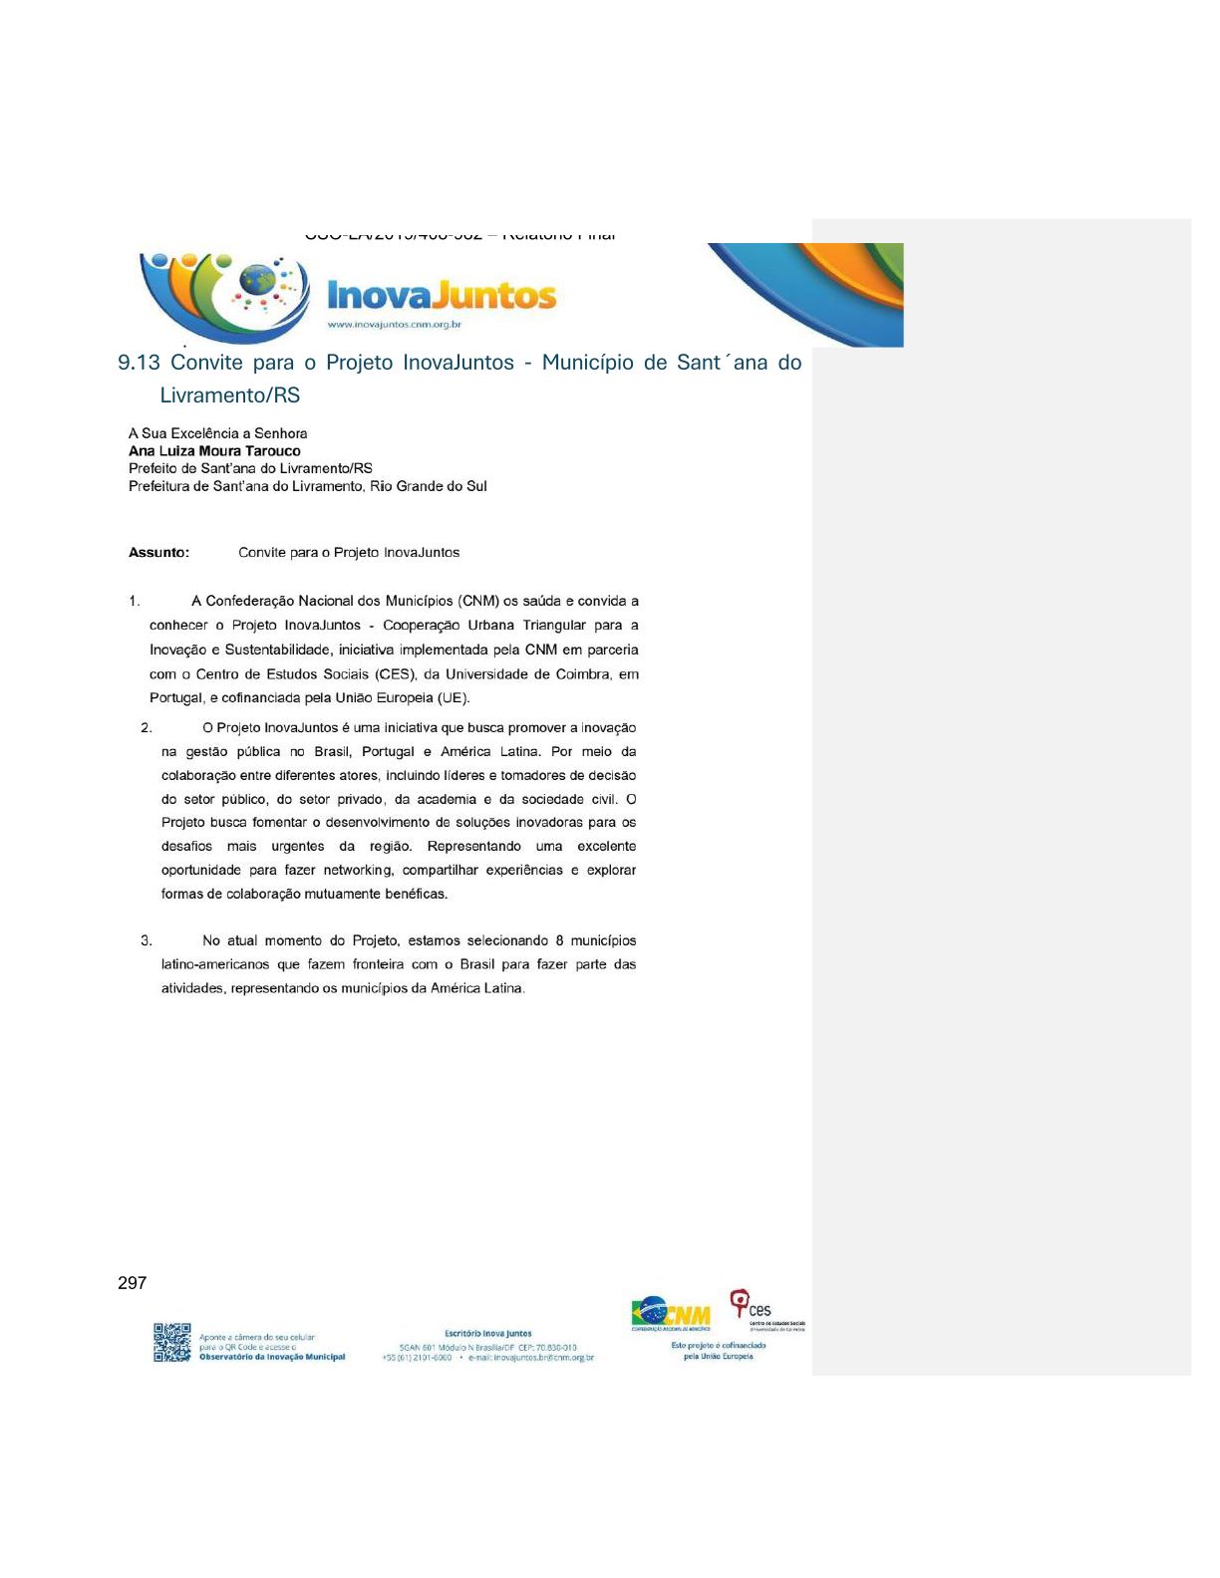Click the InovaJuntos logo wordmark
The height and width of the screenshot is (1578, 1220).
[442, 296]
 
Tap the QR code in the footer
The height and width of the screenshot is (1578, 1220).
[171, 1342]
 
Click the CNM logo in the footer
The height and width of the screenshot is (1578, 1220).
[671, 1313]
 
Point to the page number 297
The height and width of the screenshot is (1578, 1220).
[132, 1283]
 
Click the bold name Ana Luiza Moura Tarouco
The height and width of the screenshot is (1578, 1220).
[214, 451]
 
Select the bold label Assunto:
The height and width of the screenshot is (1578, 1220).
[158, 553]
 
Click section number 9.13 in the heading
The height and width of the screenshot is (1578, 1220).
[139, 363]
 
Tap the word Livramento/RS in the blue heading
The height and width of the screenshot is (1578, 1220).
[229, 395]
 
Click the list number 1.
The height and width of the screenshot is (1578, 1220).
[134, 601]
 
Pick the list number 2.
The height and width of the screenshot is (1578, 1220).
[147, 728]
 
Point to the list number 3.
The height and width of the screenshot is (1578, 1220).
[147, 940]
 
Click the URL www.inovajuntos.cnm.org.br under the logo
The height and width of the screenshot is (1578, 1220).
[394, 325]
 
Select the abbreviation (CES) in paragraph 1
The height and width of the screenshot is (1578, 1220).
[396, 674]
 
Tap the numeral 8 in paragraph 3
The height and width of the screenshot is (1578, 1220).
[560, 940]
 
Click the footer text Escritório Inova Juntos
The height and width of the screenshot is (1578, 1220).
[487, 1333]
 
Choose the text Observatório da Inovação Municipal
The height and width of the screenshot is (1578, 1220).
[272, 1357]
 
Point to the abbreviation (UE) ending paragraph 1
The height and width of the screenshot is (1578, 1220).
[453, 698]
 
